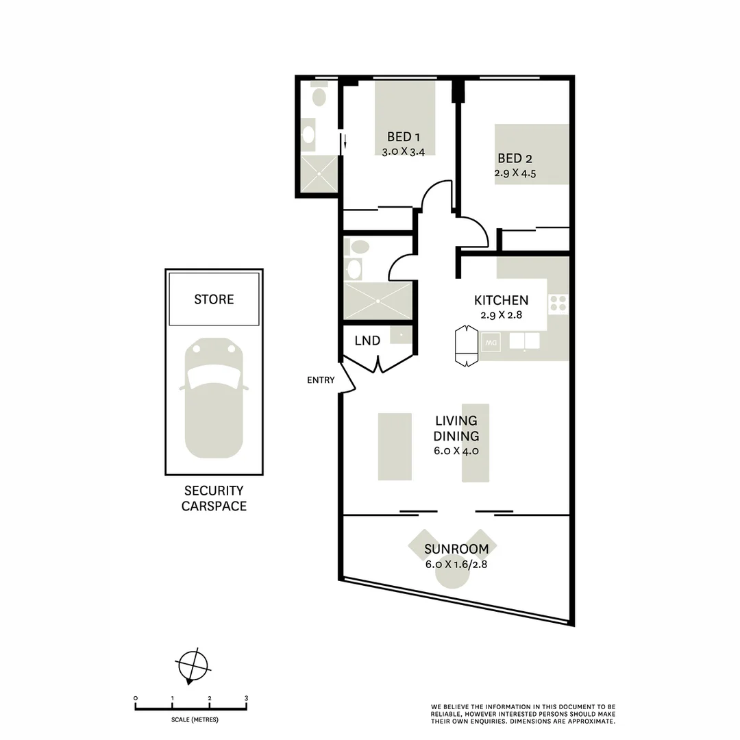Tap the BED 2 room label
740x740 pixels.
pyautogui.click(x=515, y=158)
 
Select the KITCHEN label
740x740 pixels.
pyautogui.click(x=501, y=300)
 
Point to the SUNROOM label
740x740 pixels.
pyautogui.click(x=456, y=549)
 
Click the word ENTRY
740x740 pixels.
pyautogui.click(x=321, y=380)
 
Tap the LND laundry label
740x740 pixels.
pyautogui.click(x=367, y=341)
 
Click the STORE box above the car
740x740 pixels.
pyautogui.click(x=214, y=299)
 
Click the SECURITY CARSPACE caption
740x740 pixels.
pyautogui.click(x=214, y=498)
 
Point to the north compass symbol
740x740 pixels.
pyautogui.click(x=193, y=665)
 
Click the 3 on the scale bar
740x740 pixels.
pyautogui.click(x=246, y=698)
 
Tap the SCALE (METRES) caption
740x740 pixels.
pyautogui.click(x=190, y=720)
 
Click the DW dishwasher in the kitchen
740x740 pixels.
pyautogui.click(x=491, y=342)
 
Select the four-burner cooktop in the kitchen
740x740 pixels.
pyautogui.click(x=558, y=303)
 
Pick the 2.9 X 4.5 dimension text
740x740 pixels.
pyautogui.click(x=515, y=173)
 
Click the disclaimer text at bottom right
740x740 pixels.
pyautogui.click(x=523, y=714)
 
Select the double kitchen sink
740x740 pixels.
pyautogui.click(x=524, y=341)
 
